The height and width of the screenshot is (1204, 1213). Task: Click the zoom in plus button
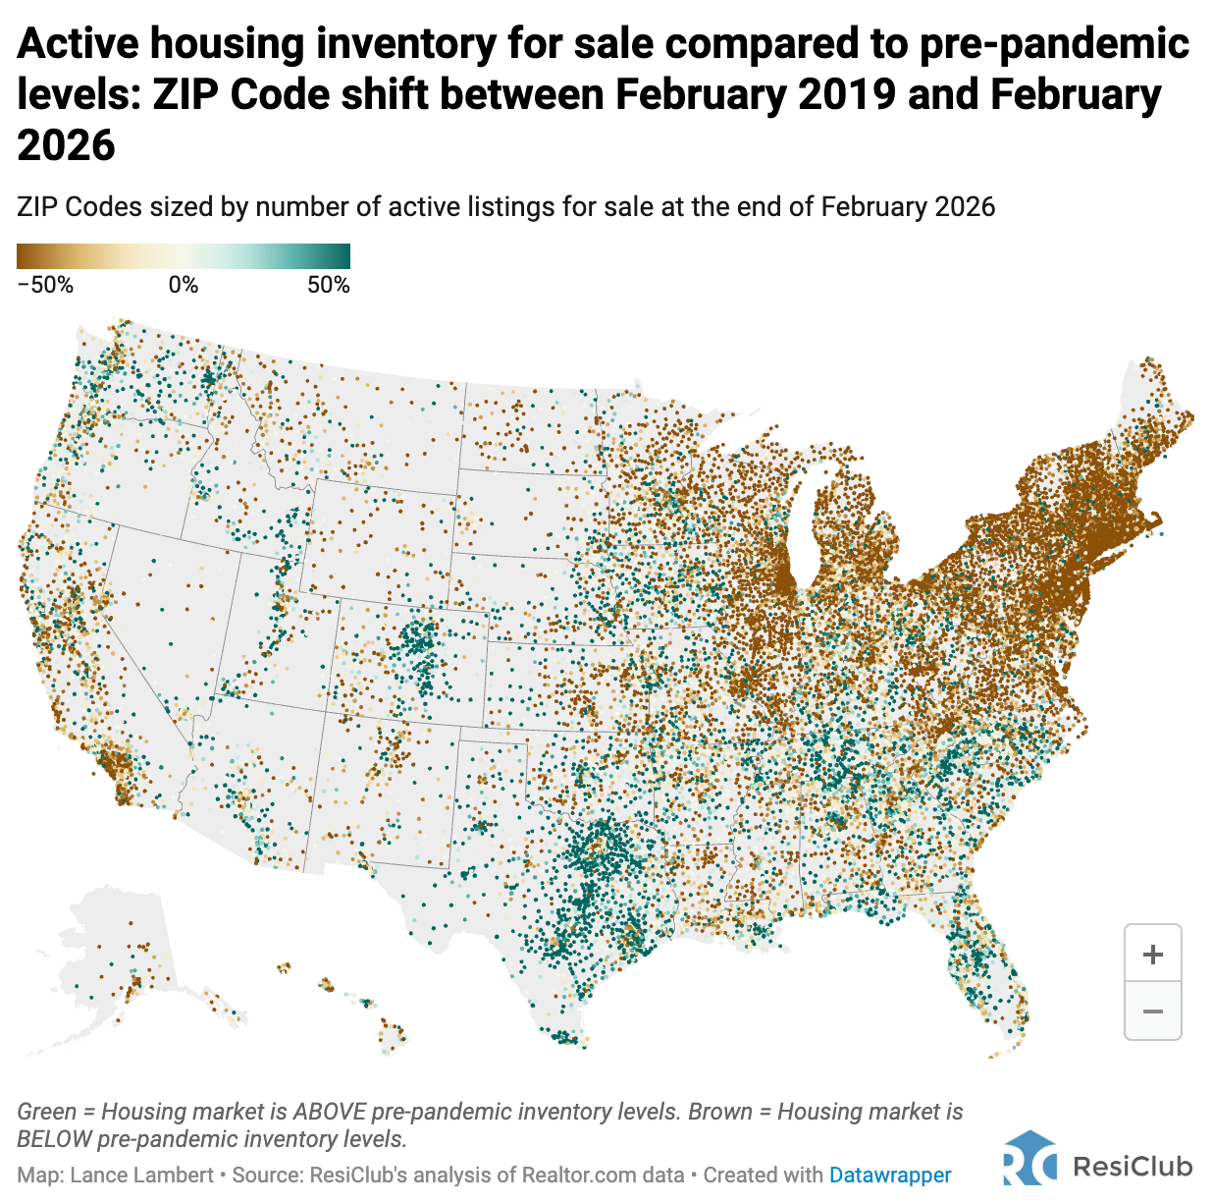[x=1153, y=954]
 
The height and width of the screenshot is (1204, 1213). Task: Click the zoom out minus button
[x=1153, y=1011]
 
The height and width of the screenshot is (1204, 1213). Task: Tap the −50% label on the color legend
[x=45, y=285]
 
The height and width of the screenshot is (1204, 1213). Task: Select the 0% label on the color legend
[x=184, y=285]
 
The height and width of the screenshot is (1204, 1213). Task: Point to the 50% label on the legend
[x=329, y=285]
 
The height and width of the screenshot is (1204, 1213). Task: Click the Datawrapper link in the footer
[x=890, y=1175]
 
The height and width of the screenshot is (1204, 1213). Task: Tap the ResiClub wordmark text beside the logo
[x=1133, y=1166]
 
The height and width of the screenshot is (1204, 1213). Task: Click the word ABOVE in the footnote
[x=330, y=1112]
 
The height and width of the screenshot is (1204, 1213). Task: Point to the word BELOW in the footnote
[x=55, y=1139]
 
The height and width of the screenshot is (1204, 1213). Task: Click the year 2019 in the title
[x=847, y=95]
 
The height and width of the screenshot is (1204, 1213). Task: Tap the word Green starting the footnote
[x=46, y=1112]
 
